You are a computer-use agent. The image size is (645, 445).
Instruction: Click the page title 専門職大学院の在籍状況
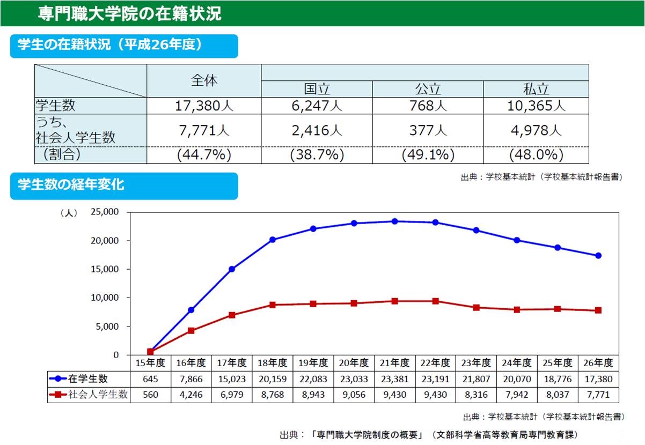pos(130,13)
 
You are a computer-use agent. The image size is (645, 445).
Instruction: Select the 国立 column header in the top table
pos(317,89)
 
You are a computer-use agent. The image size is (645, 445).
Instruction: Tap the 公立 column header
pos(428,89)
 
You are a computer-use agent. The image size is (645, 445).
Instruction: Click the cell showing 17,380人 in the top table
pos(204,106)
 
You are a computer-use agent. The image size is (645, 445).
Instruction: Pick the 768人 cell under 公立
pos(428,106)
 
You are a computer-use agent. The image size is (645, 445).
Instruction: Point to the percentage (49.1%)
pos(428,155)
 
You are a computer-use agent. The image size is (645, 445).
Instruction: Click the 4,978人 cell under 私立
pos(536,130)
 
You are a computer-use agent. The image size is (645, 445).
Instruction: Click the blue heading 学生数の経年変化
pos(71,186)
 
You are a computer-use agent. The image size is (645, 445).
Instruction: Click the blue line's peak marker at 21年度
pos(394,221)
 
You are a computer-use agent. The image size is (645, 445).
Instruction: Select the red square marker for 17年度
pos(232,315)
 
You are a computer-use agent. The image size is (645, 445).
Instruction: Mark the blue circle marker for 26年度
pos(598,255)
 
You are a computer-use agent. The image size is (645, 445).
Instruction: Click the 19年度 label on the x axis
pos(313,363)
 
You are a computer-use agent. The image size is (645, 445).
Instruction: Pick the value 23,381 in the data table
pos(394,379)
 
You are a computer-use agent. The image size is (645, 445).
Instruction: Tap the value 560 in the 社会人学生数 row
pos(150,395)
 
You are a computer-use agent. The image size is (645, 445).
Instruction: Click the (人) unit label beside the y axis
pos(68,213)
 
